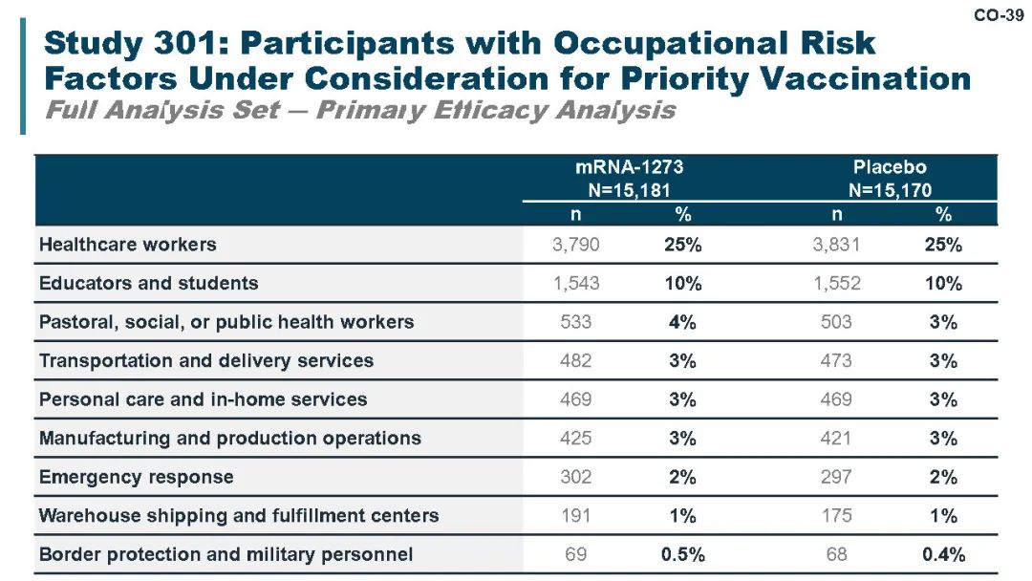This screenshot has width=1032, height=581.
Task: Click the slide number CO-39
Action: [x=999, y=14]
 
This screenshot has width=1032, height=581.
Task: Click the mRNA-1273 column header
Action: [x=629, y=167]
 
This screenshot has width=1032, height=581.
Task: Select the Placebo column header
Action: [x=890, y=167]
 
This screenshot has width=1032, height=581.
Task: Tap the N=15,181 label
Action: [x=629, y=190]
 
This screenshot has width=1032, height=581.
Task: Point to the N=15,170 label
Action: [x=890, y=190]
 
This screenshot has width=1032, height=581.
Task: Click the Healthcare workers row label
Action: [x=128, y=245]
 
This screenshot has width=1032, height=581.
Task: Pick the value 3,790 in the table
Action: [x=576, y=245]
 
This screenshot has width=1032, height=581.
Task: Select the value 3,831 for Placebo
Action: [x=836, y=245]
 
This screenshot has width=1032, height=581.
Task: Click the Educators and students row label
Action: [x=149, y=283]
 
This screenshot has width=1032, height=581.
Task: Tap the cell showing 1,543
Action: [x=576, y=284]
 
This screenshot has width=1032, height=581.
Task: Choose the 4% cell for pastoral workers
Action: [x=682, y=322]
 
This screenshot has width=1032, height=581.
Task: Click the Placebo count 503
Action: [x=836, y=322]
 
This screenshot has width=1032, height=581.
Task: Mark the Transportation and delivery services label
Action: [x=206, y=360]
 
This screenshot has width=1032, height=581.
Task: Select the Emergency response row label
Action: [x=137, y=477]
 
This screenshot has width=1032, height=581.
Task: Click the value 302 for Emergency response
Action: [x=576, y=477]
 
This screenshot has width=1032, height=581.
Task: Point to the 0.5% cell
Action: [x=682, y=554]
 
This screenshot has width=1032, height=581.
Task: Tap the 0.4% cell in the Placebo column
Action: [x=943, y=554]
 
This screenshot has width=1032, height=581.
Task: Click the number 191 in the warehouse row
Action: [x=576, y=516]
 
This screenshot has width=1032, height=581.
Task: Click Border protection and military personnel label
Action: [x=226, y=554]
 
